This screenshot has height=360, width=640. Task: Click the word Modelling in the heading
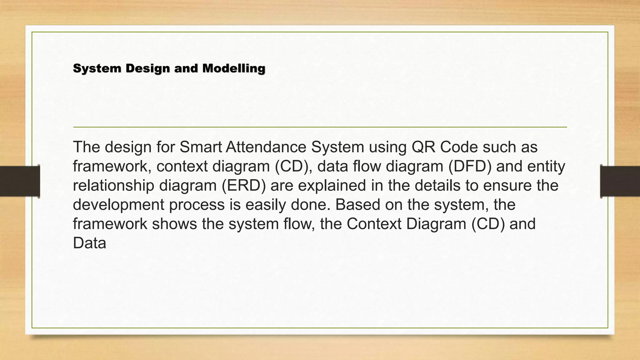(x=234, y=68)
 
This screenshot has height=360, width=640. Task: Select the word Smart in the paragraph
(x=200, y=147)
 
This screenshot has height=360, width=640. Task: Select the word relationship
(x=113, y=185)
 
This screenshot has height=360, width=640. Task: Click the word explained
(x=332, y=185)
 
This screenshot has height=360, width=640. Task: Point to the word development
(x=118, y=205)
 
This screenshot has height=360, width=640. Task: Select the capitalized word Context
(x=374, y=224)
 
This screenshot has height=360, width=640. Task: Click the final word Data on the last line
(x=89, y=243)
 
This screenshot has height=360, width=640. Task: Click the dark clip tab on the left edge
(x=20, y=181)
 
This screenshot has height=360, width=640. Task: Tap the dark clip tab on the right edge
(x=620, y=181)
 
